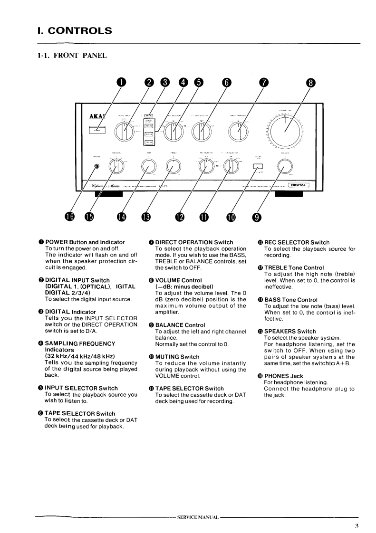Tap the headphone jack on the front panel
click(x=97, y=167)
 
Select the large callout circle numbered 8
click(x=311, y=82)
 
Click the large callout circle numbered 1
click(x=122, y=82)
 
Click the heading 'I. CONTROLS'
click(x=71, y=31)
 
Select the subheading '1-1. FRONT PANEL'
click(x=72, y=56)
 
